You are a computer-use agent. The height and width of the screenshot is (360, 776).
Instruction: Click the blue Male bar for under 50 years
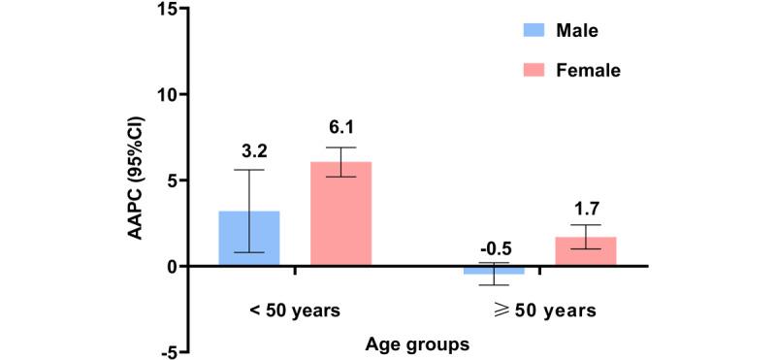tap(249, 238)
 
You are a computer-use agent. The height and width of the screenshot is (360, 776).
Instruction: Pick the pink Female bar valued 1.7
tap(585, 251)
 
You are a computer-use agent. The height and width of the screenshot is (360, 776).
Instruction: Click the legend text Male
tap(576, 30)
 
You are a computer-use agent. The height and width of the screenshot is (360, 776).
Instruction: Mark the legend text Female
tap(589, 70)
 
